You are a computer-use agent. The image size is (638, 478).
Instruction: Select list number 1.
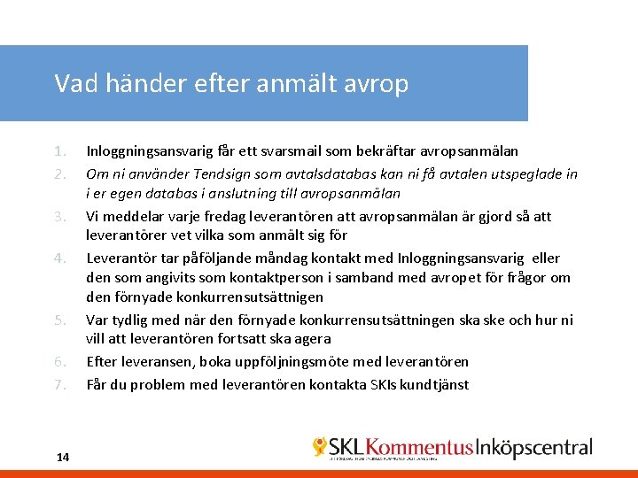pos(58,151)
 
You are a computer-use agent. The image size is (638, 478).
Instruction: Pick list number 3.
pos(58,215)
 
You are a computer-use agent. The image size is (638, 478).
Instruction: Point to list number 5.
pos(58,320)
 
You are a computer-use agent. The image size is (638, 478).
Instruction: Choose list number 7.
pos(58,384)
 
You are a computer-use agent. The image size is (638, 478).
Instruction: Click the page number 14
pos(62,457)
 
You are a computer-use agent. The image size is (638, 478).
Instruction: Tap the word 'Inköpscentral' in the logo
pos(534,448)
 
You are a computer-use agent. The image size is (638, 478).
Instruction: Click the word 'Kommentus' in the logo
pos(419,448)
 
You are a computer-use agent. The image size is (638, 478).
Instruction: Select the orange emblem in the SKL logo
pos(319,446)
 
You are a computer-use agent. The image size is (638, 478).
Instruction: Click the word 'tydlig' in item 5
pos(129,320)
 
